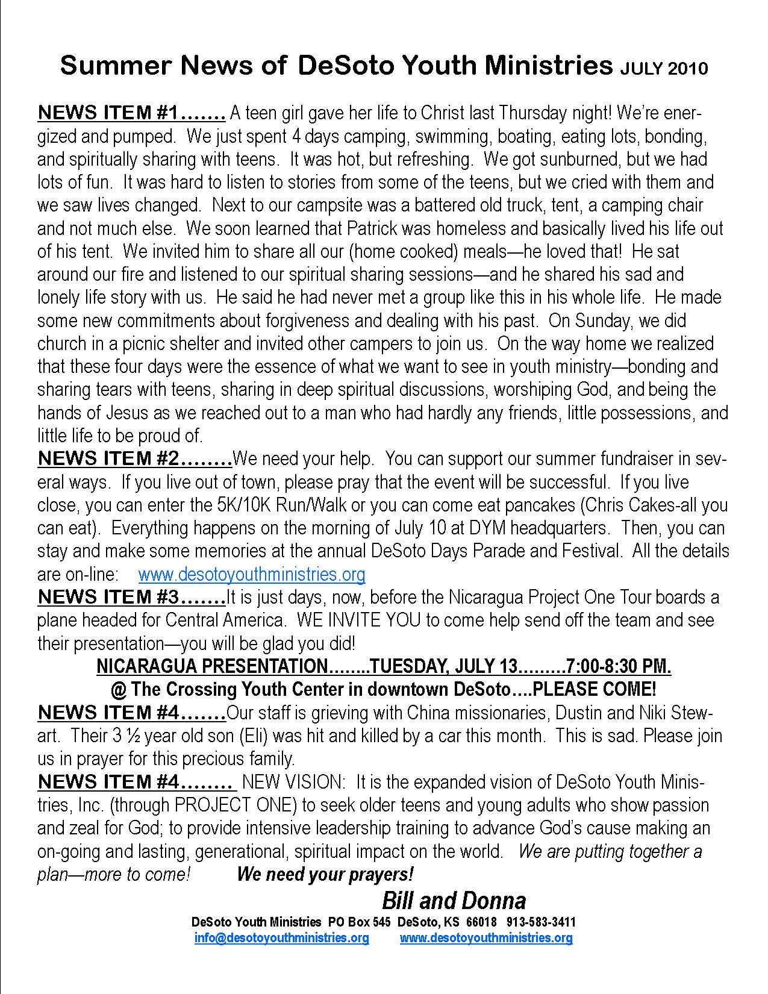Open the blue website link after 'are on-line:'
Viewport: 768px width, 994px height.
click(x=252, y=575)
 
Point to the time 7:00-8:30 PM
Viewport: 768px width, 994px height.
click(x=619, y=666)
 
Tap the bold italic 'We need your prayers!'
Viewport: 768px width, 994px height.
click(x=325, y=874)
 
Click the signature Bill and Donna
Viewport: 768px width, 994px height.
click(x=454, y=901)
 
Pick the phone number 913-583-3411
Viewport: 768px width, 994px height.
click(x=541, y=922)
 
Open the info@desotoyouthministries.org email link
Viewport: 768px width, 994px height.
click(x=281, y=938)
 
